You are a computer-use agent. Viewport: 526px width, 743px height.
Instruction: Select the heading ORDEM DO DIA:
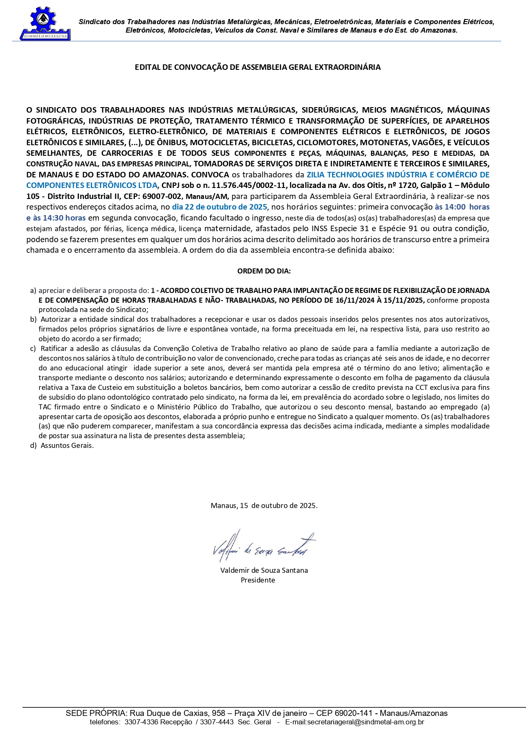click(264, 271)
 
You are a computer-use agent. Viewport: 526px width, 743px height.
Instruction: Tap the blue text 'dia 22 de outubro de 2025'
click(220, 207)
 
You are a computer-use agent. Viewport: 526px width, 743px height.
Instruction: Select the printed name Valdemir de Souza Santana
click(264, 570)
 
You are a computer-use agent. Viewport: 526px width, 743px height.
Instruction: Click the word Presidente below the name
click(258, 580)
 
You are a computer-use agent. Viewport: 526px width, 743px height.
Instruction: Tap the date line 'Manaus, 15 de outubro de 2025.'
click(264, 505)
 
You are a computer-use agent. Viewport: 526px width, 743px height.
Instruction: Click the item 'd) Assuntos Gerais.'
click(62, 445)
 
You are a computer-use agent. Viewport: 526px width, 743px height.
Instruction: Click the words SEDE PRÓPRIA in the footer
click(96, 713)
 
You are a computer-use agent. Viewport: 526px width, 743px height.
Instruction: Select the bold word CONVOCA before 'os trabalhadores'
click(210, 175)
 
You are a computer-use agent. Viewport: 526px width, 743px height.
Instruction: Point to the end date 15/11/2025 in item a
click(406, 300)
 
